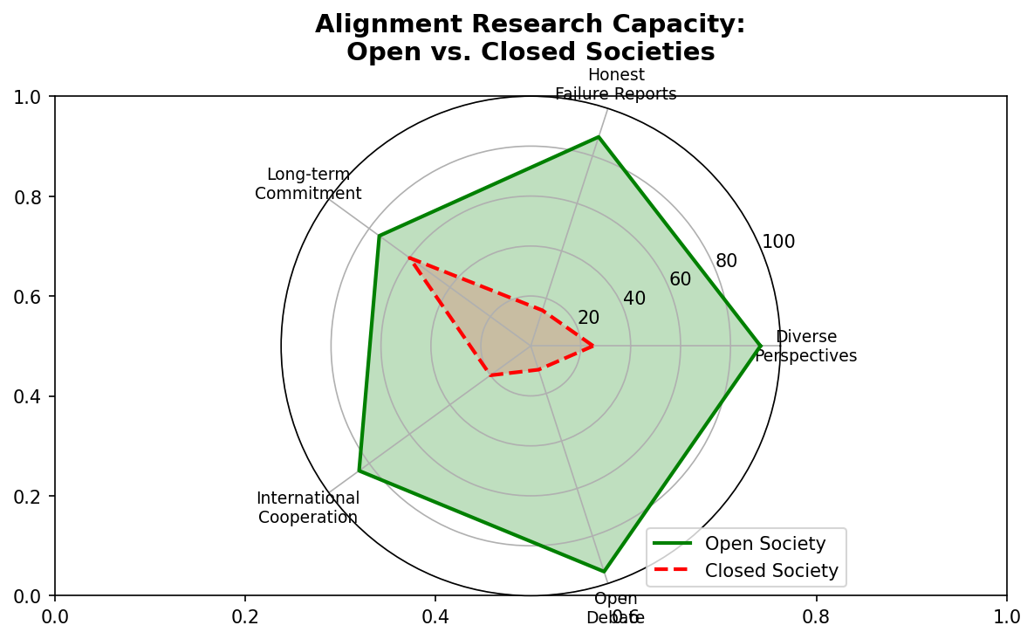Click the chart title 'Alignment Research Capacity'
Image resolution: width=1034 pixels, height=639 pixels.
(x=530, y=24)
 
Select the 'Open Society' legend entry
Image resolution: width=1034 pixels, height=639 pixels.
(x=764, y=544)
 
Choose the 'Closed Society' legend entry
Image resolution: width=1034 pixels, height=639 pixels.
(x=771, y=571)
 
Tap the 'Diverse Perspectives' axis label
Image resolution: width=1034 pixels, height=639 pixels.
(x=805, y=346)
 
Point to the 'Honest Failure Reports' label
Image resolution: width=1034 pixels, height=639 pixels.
(x=615, y=85)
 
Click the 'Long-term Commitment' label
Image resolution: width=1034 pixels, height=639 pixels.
(x=308, y=184)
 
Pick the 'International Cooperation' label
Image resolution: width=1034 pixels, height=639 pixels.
(x=308, y=507)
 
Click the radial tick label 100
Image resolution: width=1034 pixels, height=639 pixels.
(x=778, y=242)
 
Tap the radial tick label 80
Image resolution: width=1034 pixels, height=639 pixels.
(x=726, y=261)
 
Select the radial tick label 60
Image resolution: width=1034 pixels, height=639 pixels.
(x=680, y=279)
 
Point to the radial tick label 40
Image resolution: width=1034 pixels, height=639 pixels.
(x=634, y=299)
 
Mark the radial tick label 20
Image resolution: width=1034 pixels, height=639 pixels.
(x=588, y=318)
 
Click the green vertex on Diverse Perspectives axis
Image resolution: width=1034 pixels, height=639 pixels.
(x=761, y=346)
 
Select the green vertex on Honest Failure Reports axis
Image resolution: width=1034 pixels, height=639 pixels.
(x=598, y=137)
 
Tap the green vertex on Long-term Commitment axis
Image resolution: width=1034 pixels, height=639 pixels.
(x=379, y=236)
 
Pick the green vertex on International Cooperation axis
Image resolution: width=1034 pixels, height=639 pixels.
(x=359, y=471)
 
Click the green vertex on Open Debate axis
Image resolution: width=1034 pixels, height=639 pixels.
(x=603, y=572)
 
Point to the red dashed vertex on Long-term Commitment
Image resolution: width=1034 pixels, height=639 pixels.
(x=409, y=258)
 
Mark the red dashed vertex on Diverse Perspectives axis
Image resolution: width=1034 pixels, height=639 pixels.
(x=593, y=346)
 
